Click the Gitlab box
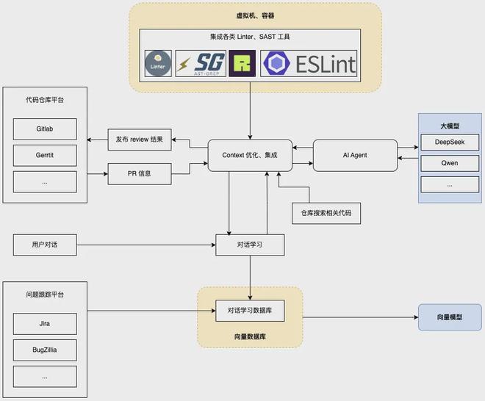point(45,129)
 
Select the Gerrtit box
point(45,155)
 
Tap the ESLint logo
point(309,63)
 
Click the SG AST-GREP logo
point(201,63)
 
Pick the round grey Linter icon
point(158,63)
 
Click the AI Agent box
point(355,155)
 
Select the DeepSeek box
point(450,142)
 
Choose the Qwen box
point(450,163)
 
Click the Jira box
point(45,324)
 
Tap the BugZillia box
point(45,350)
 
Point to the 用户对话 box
point(45,245)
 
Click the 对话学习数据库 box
point(250,311)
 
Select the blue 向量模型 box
point(450,317)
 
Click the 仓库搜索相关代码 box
point(326,213)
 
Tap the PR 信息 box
point(140,174)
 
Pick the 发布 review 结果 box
point(140,140)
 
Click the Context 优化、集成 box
point(250,155)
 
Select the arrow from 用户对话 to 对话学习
point(146,245)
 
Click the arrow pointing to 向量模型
point(360,317)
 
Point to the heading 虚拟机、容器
point(255,15)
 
